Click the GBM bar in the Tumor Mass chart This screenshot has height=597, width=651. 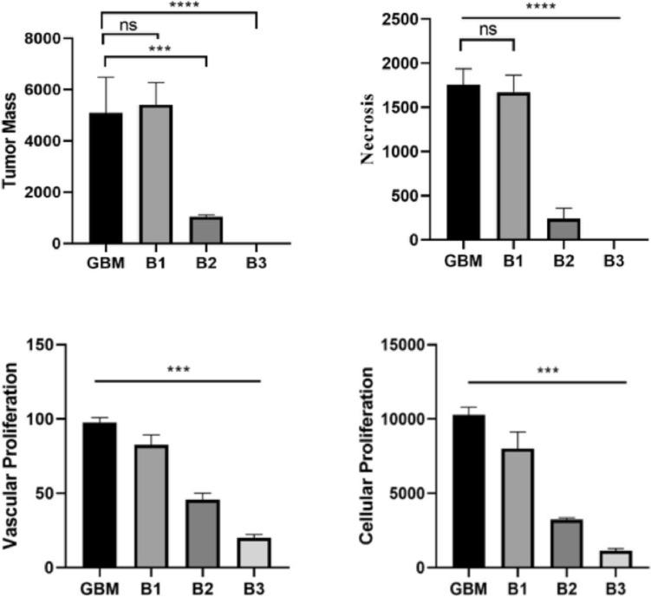(x=105, y=178)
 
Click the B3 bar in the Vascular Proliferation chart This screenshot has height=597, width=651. (x=256, y=553)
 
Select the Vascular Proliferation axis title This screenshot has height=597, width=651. (x=11, y=457)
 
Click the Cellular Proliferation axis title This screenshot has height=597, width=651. (x=370, y=457)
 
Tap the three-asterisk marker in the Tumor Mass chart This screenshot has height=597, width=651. (x=156, y=49)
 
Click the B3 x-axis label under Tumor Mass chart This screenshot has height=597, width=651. (x=256, y=260)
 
